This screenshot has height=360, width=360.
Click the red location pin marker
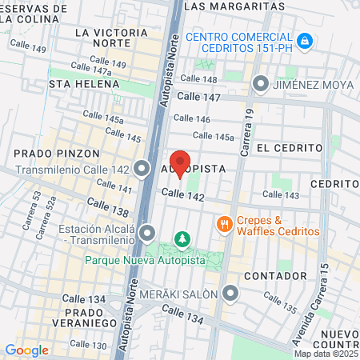(x=180, y=163)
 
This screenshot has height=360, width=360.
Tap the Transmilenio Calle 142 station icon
(x=142, y=169)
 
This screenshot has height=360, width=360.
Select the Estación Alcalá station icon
(x=146, y=234)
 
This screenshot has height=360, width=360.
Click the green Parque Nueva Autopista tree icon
(x=183, y=238)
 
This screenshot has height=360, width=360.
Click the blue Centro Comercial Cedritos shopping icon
(x=304, y=40)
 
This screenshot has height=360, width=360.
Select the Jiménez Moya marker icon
(x=261, y=83)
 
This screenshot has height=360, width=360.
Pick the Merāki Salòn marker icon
(x=230, y=294)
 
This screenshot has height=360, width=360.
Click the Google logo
(x=26, y=350)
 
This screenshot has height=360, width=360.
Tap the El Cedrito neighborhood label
(x=290, y=148)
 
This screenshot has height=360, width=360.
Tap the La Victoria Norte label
(x=110, y=33)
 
